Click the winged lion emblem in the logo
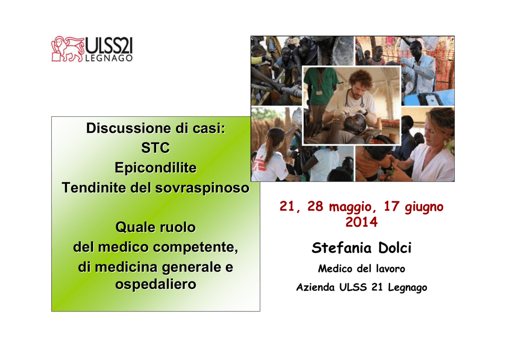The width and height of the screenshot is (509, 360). tap(68, 49)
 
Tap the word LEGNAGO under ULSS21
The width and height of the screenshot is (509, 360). tap(109, 58)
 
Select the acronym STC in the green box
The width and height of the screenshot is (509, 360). tap(156, 148)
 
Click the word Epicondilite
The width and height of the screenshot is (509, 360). tap(156, 168)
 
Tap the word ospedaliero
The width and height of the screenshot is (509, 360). tap(156, 284)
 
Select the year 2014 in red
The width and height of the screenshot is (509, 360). tap(361, 222)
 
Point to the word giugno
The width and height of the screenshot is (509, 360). tap(424, 207)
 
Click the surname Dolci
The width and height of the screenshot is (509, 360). tap(395, 248)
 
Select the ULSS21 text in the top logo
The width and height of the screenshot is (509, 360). tap(109, 45)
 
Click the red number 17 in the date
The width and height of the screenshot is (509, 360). tap(391, 206)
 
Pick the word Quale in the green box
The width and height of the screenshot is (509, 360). tap(132, 227)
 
